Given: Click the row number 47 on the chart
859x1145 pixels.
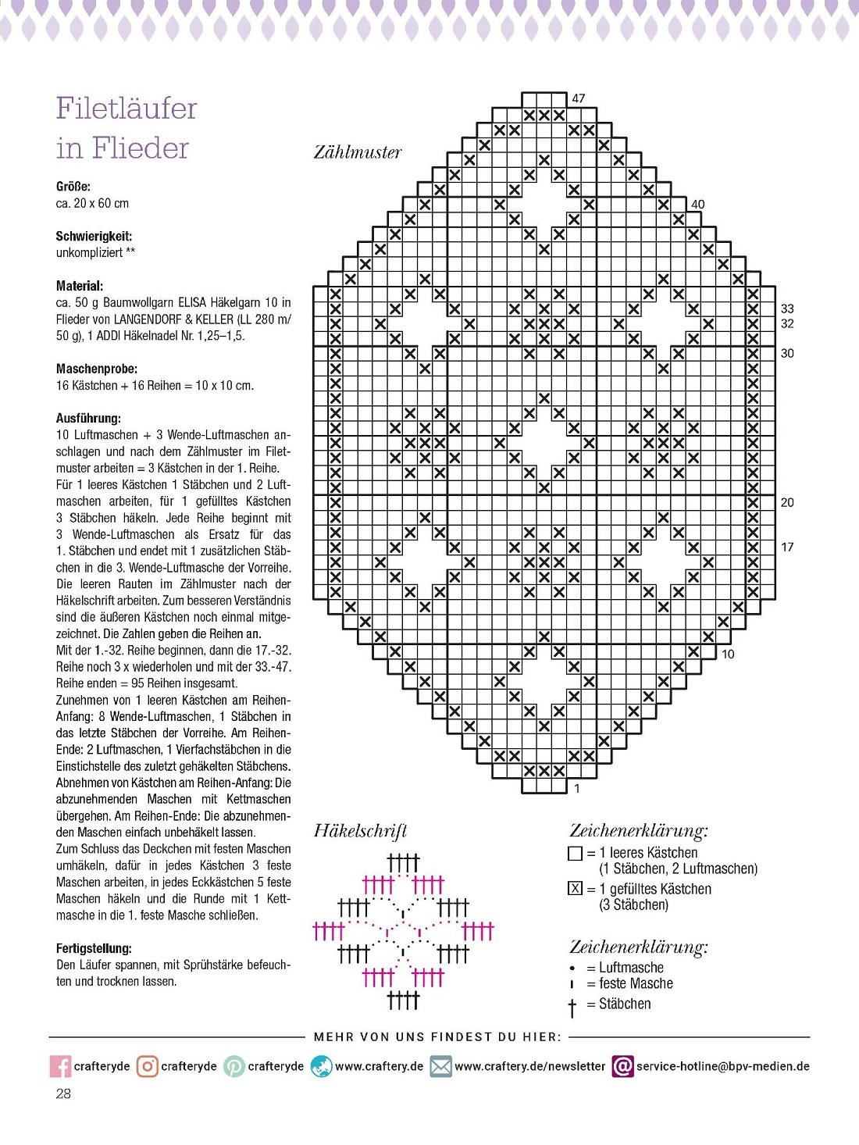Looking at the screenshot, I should coord(578,98).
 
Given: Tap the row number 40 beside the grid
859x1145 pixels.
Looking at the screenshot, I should coord(697,204).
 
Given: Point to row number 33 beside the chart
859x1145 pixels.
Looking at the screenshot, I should coord(787,309).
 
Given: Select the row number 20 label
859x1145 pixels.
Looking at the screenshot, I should coord(787,502).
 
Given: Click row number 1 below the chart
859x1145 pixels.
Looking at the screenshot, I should coord(577,788).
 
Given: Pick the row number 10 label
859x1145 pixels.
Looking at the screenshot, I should coord(728,654).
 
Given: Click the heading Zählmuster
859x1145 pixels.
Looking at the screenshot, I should coord(358,152).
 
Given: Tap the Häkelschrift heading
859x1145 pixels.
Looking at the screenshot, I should coord(360,830).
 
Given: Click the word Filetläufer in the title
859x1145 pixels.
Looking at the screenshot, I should coord(127,108).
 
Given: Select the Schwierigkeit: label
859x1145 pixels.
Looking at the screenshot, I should coord(94,236).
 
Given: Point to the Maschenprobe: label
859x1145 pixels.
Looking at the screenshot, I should coord(97,369).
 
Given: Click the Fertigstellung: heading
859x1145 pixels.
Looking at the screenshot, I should coord(94,948).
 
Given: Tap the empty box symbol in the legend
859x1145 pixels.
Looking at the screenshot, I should coord(575,854).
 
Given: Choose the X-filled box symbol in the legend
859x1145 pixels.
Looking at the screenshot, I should coord(575,888).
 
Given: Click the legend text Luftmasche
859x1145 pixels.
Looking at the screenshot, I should coord(631,968).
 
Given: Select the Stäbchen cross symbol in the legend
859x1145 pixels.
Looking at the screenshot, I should coord(572,1007).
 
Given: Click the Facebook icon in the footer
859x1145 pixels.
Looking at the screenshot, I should coord(60,1066).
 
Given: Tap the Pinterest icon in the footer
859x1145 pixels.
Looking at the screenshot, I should coord(234,1066).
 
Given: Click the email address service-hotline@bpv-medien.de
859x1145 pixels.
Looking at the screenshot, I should coord(722,1066).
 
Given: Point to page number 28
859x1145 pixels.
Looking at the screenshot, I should coord(63,1093).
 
